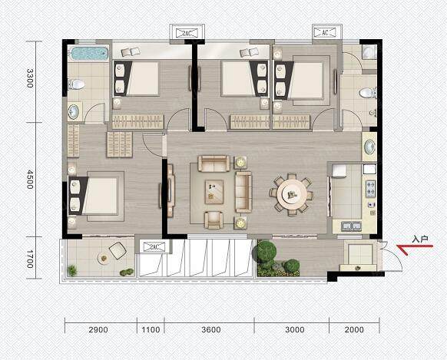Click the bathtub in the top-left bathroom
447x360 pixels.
pyautogui.click(x=89, y=54)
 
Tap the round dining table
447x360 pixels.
pyautogui.click(x=292, y=195)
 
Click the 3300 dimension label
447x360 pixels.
pyautogui.click(x=30, y=78)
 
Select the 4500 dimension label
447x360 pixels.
pyautogui.click(x=30, y=180)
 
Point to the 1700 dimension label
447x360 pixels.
pyautogui.click(x=30, y=259)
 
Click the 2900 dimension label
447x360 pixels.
pyautogui.click(x=98, y=330)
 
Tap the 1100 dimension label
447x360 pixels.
pyautogui.click(x=151, y=330)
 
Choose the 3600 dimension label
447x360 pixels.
pyautogui.click(x=211, y=330)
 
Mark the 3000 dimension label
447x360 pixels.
pyautogui.click(x=295, y=330)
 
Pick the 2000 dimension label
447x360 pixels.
pyautogui.click(x=354, y=330)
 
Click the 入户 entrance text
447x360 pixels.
pyautogui.click(x=420, y=239)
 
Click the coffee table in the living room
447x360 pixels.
pyautogui.click(x=214, y=192)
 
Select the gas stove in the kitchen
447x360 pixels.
pyautogui.click(x=370, y=189)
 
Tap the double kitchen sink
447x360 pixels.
pyautogui.click(x=351, y=226)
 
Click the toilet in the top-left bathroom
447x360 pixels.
pyautogui.click(x=77, y=84)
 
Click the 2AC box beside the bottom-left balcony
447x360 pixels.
pyautogui.click(x=154, y=246)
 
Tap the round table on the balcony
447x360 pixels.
pyautogui.click(x=104, y=259)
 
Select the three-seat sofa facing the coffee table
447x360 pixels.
pyautogui.click(x=243, y=192)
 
